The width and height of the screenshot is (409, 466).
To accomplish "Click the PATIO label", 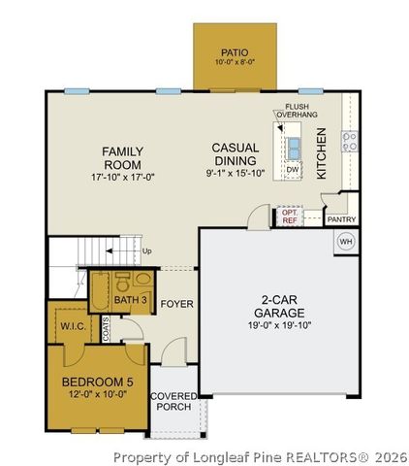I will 235,51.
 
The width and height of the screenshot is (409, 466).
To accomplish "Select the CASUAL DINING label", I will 235,154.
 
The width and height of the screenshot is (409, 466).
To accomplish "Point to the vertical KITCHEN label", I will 322,151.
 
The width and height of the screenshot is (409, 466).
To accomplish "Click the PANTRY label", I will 341,219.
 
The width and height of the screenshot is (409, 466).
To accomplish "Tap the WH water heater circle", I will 345,241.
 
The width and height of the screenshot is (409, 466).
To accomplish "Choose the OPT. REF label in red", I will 290,216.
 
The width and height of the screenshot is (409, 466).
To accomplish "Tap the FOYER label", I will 177,304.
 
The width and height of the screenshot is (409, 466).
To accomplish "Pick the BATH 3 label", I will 131,301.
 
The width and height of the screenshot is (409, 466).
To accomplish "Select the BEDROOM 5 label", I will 95,381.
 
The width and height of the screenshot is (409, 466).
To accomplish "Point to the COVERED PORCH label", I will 174,401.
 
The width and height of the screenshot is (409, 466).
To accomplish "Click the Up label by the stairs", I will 147,251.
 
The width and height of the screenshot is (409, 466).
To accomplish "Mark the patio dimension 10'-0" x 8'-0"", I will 235,63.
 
